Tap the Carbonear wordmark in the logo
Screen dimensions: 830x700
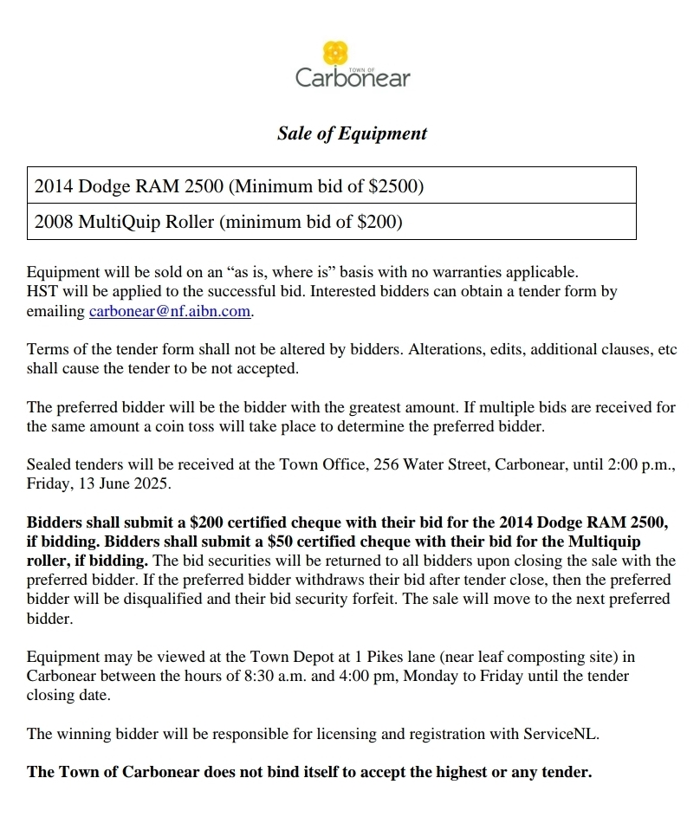tap(353, 78)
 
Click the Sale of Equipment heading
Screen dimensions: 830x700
tap(352, 133)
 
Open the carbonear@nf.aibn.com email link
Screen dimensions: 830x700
tap(170, 311)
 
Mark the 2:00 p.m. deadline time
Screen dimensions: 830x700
tap(640, 464)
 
